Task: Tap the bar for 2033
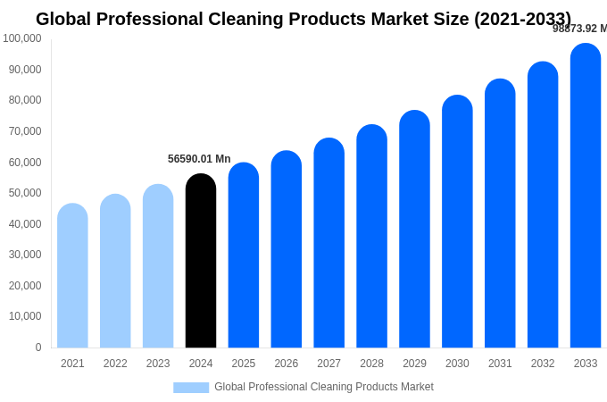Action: pos(586,196)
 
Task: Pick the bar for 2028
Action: pos(371,236)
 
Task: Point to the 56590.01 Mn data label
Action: pos(199,159)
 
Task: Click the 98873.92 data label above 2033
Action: pos(579,29)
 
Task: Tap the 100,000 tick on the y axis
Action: pos(22,38)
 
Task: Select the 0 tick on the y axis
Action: pos(37,348)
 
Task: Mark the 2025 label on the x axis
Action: pos(244,364)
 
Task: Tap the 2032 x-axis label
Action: pos(543,364)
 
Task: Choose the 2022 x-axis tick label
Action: pos(115,364)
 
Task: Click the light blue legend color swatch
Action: pos(191,388)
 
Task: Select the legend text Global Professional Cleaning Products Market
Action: pos(324,387)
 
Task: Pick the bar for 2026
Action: pos(287,249)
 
